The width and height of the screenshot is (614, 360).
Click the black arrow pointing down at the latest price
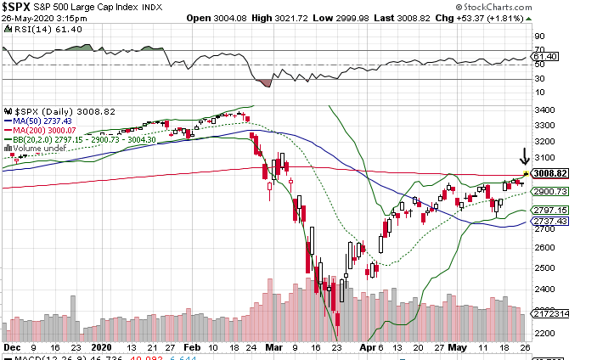(526, 157)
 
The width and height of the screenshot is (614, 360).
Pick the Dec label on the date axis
(11, 348)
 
